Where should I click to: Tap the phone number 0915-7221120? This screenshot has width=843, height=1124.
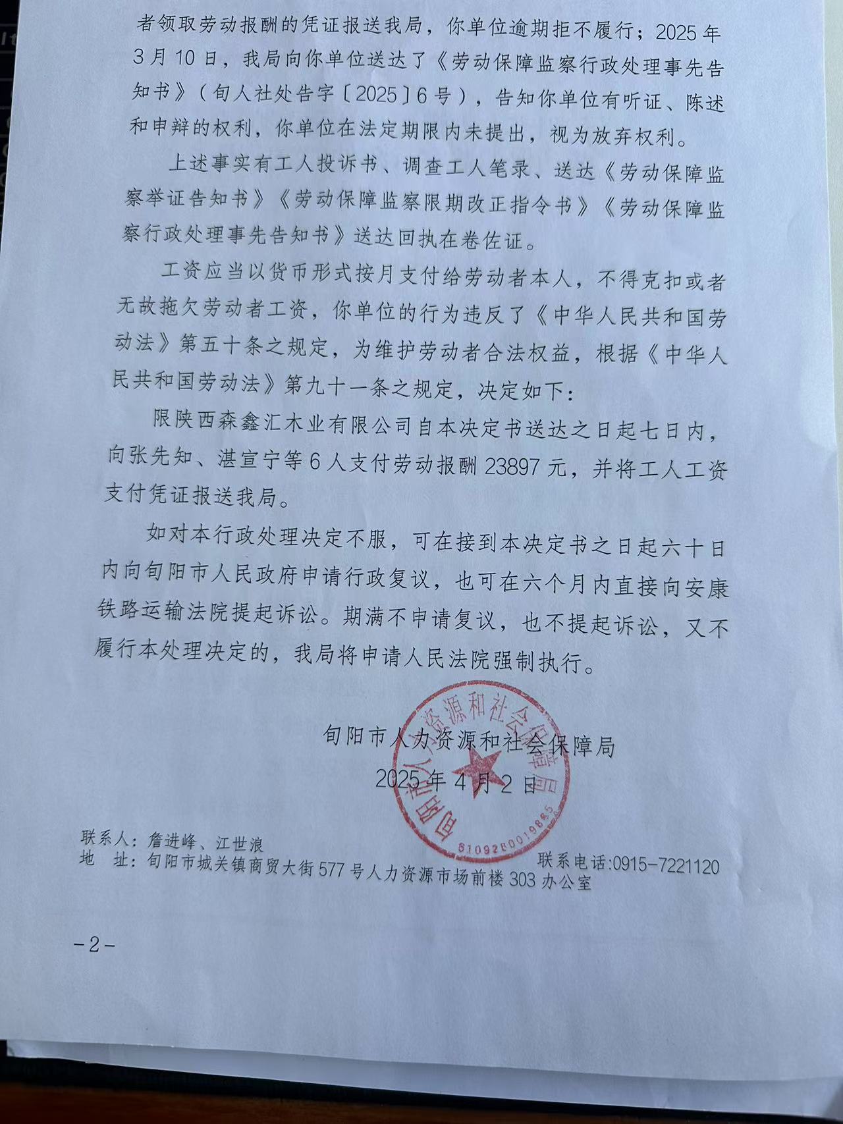coord(665,864)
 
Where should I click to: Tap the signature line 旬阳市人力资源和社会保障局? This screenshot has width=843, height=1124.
coord(468,744)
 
